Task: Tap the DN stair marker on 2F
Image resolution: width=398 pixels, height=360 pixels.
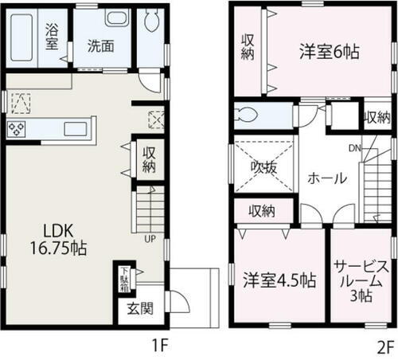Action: [x=355, y=148]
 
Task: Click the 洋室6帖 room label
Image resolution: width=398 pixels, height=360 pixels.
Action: [x=327, y=52]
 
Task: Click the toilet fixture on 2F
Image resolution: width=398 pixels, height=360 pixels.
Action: [x=248, y=114]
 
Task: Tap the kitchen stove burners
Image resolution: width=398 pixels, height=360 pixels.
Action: [x=18, y=127]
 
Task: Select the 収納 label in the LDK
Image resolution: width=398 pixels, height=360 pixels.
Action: [x=149, y=160]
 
